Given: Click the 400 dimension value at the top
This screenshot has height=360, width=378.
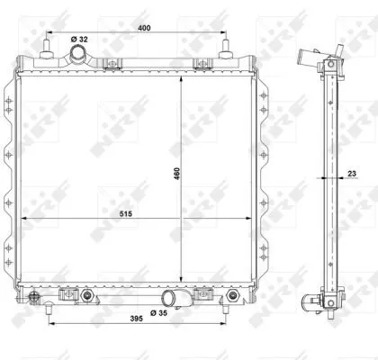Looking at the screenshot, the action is [x=144, y=28].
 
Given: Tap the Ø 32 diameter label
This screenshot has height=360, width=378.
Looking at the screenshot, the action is [x=79, y=40].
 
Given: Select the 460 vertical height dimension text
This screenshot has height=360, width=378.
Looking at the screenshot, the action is [x=176, y=174].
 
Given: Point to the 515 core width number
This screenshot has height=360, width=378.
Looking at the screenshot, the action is [x=126, y=214].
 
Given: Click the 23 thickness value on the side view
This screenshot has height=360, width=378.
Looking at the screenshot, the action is [x=352, y=174].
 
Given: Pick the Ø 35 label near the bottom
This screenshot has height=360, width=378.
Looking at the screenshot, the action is [x=158, y=313].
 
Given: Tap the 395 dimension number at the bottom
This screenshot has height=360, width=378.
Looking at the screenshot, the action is [x=136, y=319].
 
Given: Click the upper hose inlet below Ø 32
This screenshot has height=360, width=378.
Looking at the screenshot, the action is [x=77, y=54].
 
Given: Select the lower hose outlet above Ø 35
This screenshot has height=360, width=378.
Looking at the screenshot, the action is [x=169, y=298].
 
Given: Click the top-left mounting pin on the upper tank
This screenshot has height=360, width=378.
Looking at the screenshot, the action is [x=47, y=49].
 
